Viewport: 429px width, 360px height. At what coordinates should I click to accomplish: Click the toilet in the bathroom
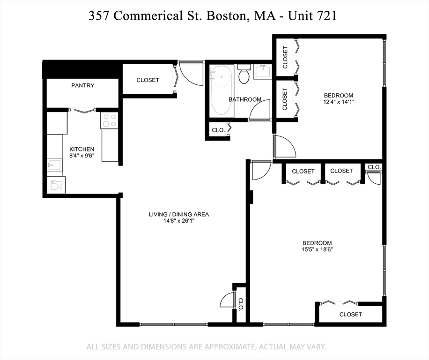[243, 75]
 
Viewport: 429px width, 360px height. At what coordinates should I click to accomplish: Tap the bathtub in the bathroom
[220, 90]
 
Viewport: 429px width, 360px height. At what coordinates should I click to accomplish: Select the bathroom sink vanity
[262, 72]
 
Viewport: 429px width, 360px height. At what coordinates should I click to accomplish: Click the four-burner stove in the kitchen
[110, 121]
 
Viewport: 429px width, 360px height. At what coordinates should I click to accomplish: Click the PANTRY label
[82, 85]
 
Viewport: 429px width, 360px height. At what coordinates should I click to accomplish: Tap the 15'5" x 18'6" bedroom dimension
[317, 249]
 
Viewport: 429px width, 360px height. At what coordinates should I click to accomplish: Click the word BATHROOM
[244, 99]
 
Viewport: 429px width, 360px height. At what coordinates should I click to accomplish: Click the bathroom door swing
[259, 111]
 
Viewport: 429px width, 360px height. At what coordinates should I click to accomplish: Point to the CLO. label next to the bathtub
[218, 130]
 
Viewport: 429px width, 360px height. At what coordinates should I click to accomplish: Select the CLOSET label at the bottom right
[350, 314]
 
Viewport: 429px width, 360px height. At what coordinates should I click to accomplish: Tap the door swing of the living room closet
[227, 300]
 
